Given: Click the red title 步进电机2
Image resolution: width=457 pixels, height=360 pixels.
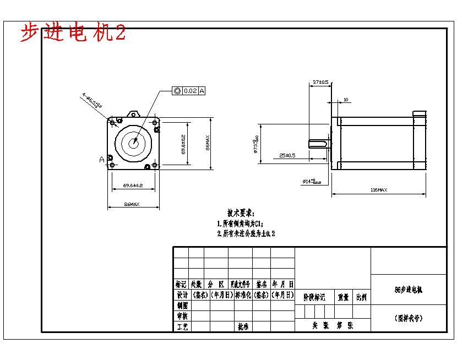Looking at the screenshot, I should (73, 33).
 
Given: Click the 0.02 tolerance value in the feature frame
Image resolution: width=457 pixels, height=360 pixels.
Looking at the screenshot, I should (190, 91).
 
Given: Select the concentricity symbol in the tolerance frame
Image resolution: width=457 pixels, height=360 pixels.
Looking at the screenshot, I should (177, 91).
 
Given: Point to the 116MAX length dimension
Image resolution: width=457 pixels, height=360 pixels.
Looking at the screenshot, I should (378, 190).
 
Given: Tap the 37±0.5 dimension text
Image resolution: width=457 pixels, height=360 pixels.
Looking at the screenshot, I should (320, 82).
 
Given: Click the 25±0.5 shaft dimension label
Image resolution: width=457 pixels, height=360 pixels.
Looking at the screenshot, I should (287, 155).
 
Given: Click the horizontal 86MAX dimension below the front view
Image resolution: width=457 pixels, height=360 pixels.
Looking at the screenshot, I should (132, 204).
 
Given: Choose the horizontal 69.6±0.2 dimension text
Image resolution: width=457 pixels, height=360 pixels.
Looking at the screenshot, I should (133, 186).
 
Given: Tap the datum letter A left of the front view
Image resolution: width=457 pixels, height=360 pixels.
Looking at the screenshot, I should (102, 160).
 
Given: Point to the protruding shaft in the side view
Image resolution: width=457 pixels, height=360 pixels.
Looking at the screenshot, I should (318, 144).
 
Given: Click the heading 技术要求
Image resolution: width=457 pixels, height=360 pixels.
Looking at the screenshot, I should (240, 212).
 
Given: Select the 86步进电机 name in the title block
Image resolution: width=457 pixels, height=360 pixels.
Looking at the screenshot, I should (409, 289).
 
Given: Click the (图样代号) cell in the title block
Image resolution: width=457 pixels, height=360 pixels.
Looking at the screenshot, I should (409, 318).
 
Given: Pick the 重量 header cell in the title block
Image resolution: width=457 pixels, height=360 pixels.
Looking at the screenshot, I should (344, 297).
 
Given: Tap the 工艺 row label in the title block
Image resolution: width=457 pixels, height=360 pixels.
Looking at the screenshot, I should (182, 326).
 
